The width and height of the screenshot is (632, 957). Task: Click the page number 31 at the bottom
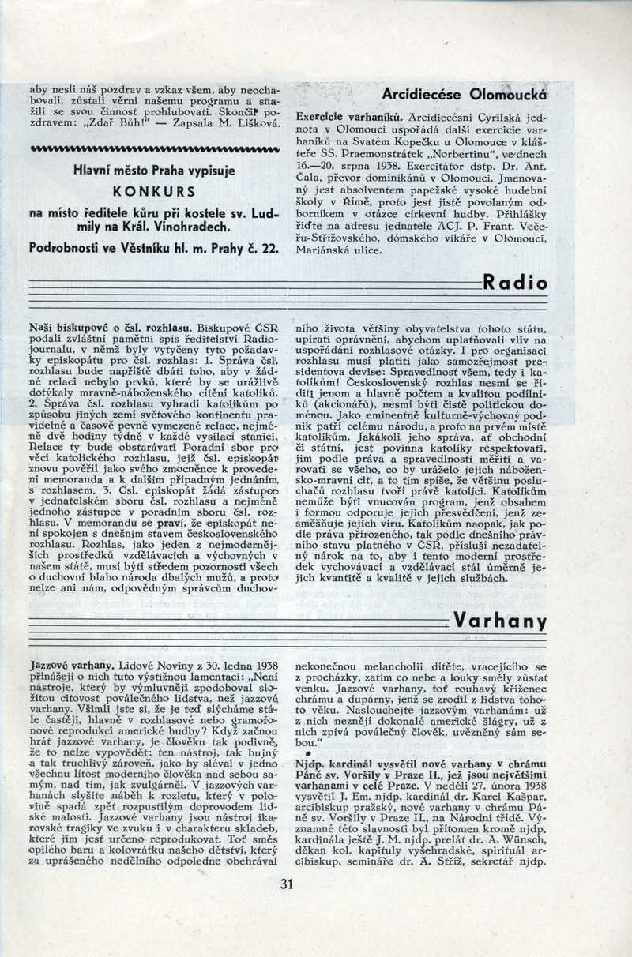coord(286,884)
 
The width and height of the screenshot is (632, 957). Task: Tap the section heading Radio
coord(514,282)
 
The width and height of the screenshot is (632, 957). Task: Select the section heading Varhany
coord(500,621)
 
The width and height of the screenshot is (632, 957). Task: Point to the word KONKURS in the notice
coord(154,191)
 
